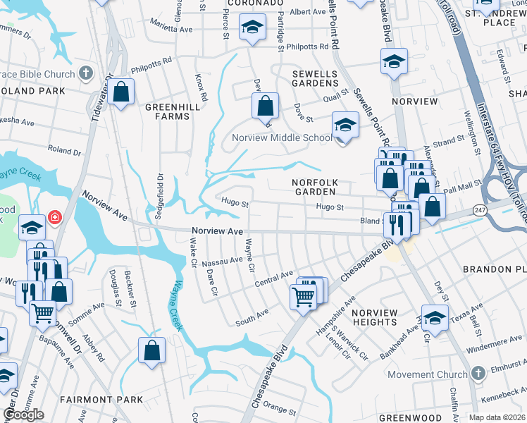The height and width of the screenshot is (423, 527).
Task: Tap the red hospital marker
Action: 55,217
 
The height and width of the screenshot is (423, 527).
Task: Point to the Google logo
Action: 23,415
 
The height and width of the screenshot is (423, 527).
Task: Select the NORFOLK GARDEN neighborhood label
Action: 316,188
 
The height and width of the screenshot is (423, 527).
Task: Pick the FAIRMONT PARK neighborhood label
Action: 101,400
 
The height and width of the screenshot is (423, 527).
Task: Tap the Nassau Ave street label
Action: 222,262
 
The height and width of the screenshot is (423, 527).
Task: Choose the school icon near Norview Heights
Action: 435,319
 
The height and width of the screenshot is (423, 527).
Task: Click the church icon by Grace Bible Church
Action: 85,73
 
